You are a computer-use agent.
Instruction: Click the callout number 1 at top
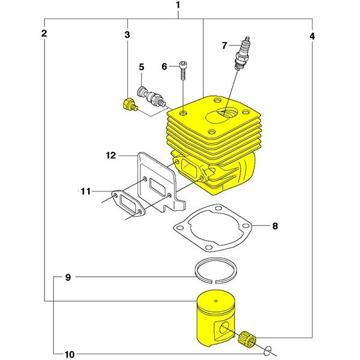tap(178, 5)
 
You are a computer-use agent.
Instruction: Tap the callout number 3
tap(127, 35)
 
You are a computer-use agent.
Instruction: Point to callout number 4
tap(312, 35)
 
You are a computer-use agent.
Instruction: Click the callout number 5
tap(142, 67)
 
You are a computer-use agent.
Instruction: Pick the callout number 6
tap(165, 67)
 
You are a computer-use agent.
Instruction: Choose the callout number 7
tap(224, 45)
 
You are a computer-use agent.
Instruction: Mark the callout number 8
tap(275, 227)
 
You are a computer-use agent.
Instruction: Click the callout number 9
tap(68, 277)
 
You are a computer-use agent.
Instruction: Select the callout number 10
tap(70, 354)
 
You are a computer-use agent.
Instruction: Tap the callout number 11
tap(86, 191)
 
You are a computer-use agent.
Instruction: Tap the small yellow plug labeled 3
tap(127, 106)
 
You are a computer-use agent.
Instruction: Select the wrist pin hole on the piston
tap(224, 328)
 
